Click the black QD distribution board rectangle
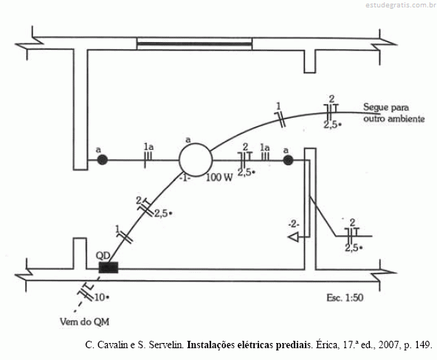pos(109,267)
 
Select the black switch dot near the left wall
pos(103,160)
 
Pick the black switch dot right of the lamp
pos(288,160)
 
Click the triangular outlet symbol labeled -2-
pos(293,238)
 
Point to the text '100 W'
pos(219,177)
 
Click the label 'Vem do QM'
pos(84,322)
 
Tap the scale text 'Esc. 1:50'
pos(345,298)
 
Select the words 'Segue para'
pos(386,108)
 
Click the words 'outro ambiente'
pos(393,119)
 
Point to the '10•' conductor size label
pos(101,297)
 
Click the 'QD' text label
pos(103,255)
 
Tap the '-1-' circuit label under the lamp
pos(185,178)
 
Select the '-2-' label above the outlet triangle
pos(294,224)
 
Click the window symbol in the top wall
pos(194,44)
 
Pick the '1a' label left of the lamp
pos(148,147)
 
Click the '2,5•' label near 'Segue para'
pos(332,125)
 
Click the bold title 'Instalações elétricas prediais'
pos(250,345)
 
